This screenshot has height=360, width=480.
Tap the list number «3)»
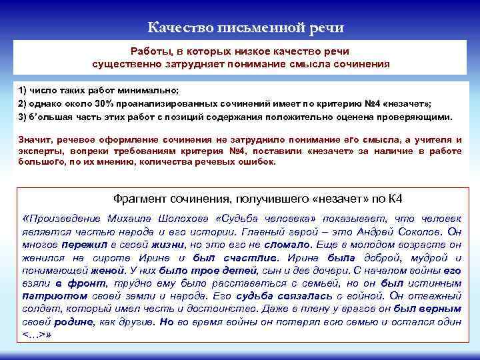[23, 116]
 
